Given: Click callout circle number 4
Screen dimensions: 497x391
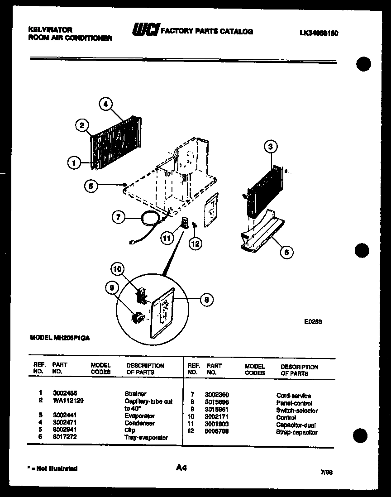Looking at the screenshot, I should click(x=105, y=104).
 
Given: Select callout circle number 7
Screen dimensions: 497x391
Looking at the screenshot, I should click(x=118, y=218).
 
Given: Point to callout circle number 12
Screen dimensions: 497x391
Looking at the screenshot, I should click(x=195, y=243).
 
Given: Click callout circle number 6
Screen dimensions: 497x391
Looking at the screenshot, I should click(x=286, y=251).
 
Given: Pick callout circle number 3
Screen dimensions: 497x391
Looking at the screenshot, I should click(x=270, y=146).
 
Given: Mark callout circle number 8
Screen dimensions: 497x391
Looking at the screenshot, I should click(x=206, y=299).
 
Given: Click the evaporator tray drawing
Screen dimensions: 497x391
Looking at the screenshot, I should click(x=260, y=233).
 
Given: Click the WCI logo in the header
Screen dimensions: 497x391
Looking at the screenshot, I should click(x=145, y=30).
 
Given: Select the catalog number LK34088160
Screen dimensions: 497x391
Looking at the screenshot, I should click(x=319, y=33).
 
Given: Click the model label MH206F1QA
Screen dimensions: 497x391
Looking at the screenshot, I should click(x=60, y=337).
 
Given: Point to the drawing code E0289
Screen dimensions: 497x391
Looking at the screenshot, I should click(x=312, y=322).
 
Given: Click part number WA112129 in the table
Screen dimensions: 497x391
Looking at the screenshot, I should click(x=68, y=401).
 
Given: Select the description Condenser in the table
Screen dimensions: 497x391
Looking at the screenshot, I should click(x=139, y=423).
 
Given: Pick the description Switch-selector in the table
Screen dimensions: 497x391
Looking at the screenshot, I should click(x=297, y=411).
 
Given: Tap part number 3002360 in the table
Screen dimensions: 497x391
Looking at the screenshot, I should click(x=217, y=396).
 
